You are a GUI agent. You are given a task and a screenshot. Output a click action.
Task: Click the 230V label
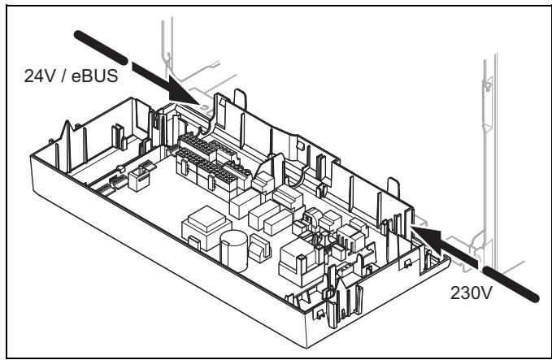click(471, 293)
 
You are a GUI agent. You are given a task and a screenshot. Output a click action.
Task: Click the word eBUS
click(94, 76)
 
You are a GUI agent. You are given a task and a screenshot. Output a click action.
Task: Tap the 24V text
click(40, 76)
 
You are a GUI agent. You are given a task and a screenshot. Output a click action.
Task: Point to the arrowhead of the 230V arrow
click(426, 239)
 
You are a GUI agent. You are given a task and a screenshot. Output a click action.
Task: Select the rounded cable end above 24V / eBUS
click(101, 47)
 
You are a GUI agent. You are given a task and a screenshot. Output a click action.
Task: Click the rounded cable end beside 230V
click(511, 284)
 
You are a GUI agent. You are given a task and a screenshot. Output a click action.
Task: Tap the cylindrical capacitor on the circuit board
click(233, 251)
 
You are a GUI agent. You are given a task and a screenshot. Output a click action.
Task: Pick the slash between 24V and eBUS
click(63, 76)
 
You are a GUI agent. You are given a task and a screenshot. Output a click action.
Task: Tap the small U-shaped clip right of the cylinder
click(260, 249)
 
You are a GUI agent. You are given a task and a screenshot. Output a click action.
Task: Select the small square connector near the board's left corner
click(139, 179)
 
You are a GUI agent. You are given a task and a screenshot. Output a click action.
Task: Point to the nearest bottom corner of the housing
click(307, 347)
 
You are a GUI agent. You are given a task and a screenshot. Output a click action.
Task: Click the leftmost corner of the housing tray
click(32, 156)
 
